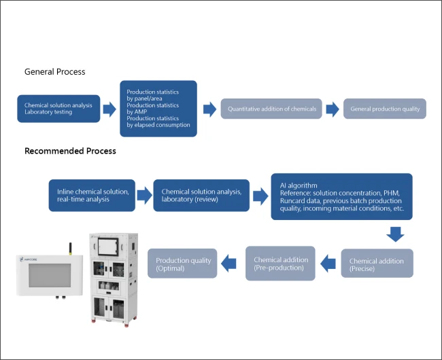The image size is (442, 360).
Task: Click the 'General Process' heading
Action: pyautogui.click(x=54, y=71)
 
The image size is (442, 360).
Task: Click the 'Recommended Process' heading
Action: pyautogui.click(x=70, y=151)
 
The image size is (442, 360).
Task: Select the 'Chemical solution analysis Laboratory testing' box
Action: pyautogui.click(x=58, y=109)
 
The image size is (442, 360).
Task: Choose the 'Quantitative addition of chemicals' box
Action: pyautogui.click(x=272, y=109)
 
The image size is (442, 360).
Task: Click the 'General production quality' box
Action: pyautogui.click(x=385, y=109)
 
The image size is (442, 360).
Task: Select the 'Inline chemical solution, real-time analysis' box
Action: pyautogui.click(x=92, y=196)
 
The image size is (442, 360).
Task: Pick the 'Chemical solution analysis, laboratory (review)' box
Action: pyautogui.click(x=201, y=196)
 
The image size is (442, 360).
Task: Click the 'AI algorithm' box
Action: pyautogui.click(x=341, y=196)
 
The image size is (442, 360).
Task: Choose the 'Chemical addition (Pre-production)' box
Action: pyautogui.click(x=280, y=264)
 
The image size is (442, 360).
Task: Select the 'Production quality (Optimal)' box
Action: pyautogui.click(x=183, y=264)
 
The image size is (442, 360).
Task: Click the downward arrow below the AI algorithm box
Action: pyautogui.click(x=395, y=234)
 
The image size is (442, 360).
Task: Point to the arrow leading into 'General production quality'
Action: pyautogui.click(x=333, y=109)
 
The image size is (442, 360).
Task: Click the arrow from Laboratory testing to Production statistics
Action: pyautogui.click(x=109, y=109)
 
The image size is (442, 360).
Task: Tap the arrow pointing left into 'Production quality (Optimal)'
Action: pyautogui.click(x=230, y=262)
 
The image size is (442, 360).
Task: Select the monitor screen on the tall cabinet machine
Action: pyautogui.click(x=109, y=247)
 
